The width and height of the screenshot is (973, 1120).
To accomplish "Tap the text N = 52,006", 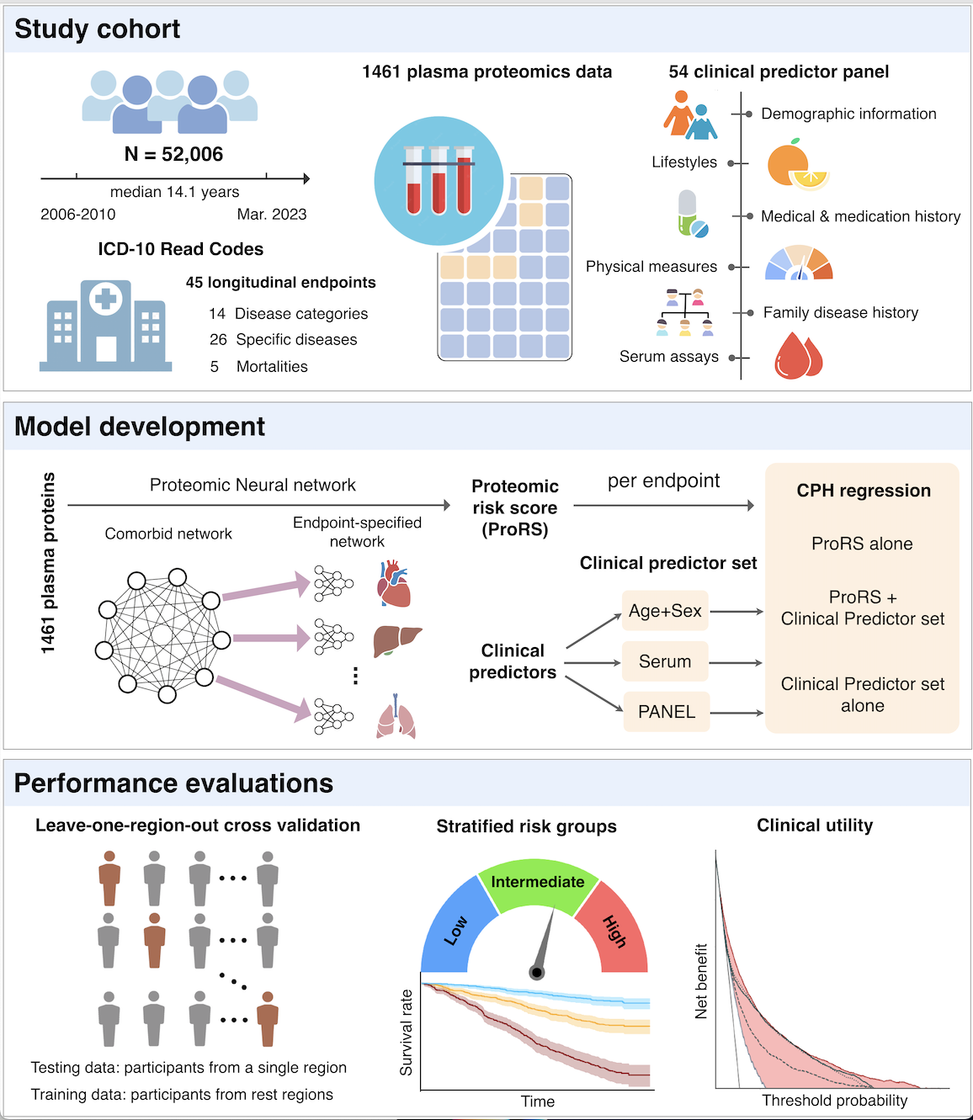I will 173,155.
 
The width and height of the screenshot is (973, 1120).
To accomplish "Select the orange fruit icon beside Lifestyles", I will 795,164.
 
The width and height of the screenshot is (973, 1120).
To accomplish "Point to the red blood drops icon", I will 797,355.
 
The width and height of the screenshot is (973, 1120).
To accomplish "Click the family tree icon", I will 684,312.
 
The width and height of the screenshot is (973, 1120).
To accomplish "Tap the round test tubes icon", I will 439,181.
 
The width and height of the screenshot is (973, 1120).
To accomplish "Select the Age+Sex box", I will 665,611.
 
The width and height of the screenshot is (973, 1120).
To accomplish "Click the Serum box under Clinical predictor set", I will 665,661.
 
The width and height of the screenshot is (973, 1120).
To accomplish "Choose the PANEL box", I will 666,712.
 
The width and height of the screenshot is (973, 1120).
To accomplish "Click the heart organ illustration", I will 394,584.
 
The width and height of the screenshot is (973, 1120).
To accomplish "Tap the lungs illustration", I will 396,717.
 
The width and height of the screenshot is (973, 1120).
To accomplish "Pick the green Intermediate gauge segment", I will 537,884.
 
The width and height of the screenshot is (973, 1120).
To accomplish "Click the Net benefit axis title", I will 701,981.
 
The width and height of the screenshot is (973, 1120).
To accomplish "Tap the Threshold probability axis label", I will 834,1101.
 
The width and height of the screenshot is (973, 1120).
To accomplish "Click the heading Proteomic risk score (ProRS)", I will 514,508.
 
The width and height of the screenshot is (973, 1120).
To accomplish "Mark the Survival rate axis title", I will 407,1032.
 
